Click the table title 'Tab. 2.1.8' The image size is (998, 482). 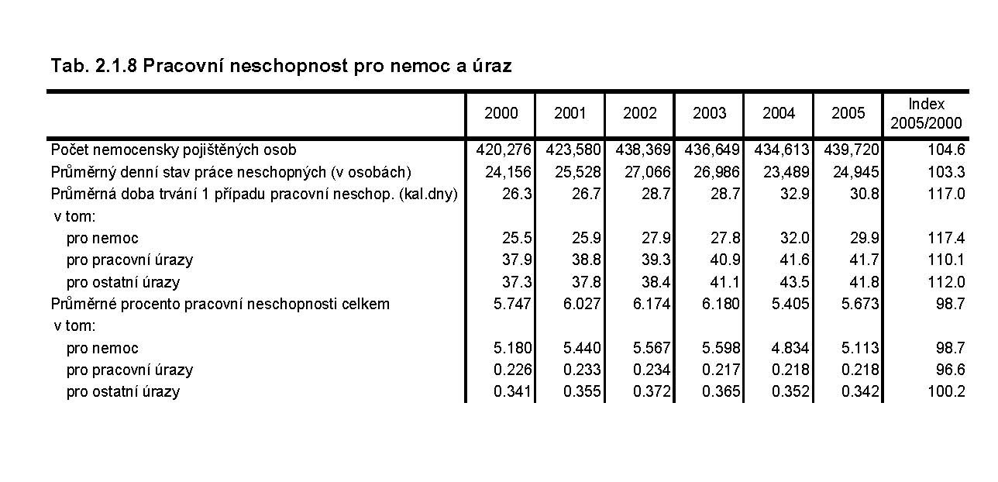click(94, 66)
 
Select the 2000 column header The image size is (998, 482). click(501, 113)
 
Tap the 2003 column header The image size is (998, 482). click(709, 113)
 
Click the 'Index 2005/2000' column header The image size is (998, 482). click(926, 113)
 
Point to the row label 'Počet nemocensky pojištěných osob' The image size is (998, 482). click(174, 150)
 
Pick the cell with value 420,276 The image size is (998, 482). click(501, 150)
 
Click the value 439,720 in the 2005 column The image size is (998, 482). click(848, 150)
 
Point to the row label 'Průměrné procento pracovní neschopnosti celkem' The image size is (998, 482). click(220, 304)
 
